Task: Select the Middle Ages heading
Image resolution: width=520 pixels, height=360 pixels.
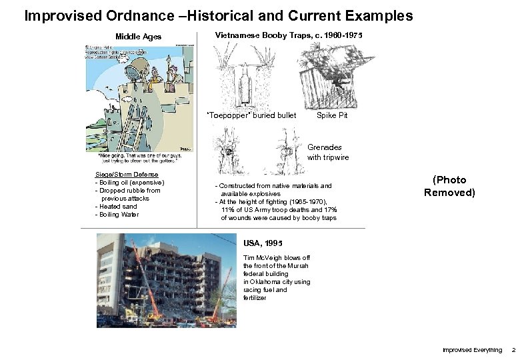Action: click(x=138, y=37)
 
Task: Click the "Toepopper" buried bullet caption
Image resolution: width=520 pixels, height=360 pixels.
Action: click(x=252, y=115)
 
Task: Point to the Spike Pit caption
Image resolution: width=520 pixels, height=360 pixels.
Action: click(x=331, y=115)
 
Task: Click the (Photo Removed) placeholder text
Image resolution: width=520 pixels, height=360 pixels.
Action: click(x=449, y=186)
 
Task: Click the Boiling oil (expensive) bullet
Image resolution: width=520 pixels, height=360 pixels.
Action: click(x=130, y=183)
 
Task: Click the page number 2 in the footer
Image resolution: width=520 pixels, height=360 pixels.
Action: click(x=513, y=350)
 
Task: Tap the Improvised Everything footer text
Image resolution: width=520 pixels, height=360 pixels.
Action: click(x=473, y=350)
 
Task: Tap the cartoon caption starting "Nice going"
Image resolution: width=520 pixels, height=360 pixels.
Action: click(x=139, y=162)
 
